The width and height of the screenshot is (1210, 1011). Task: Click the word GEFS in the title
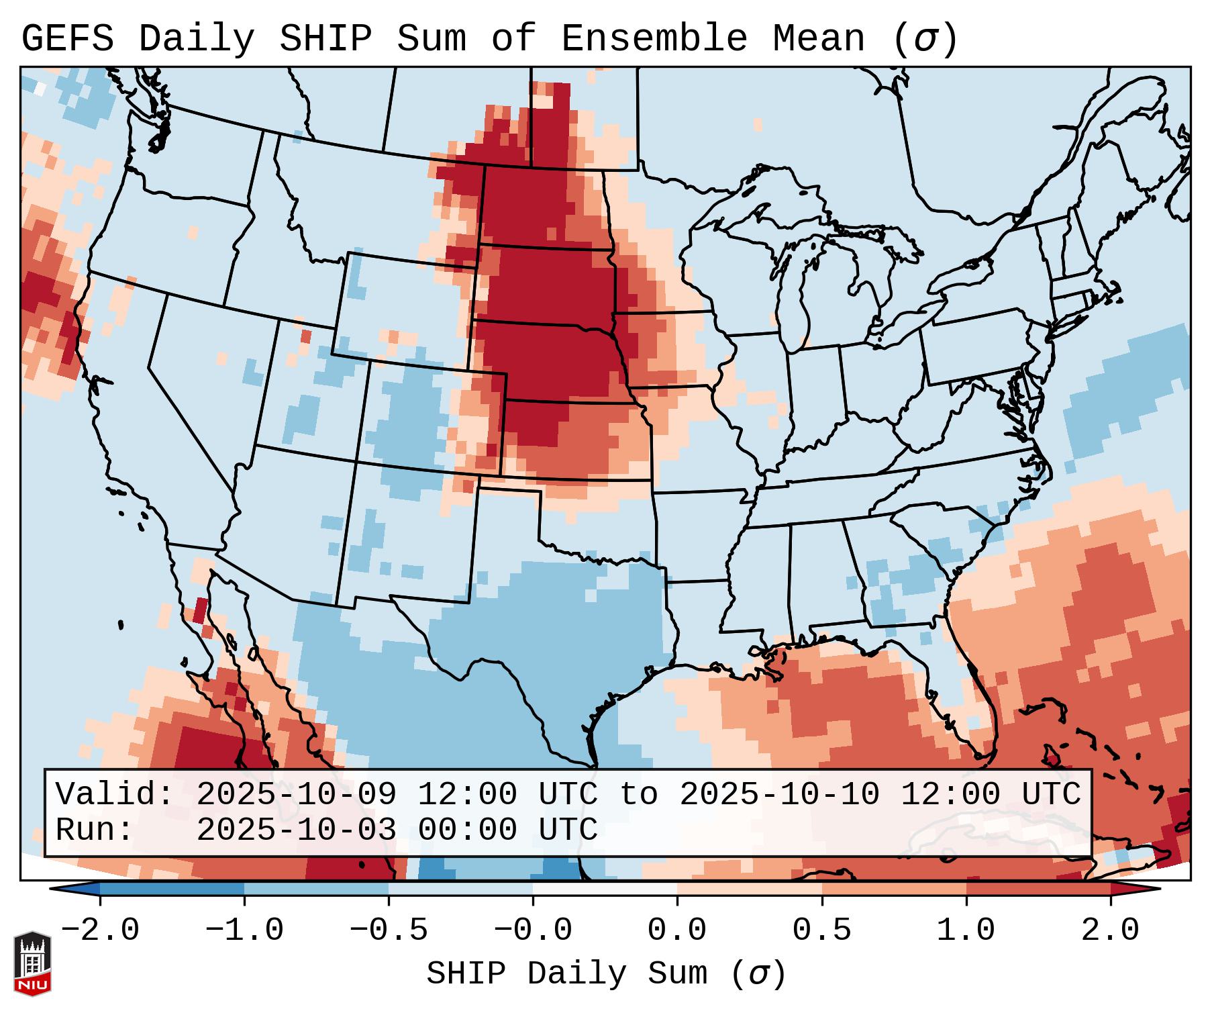pyautogui.click(x=68, y=38)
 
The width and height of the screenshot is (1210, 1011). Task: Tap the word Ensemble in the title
pyautogui.click(x=654, y=38)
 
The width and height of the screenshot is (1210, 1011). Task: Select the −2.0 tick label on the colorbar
pyautogui.click(x=100, y=930)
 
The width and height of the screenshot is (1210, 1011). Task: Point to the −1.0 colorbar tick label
pyautogui.click(x=244, y=930)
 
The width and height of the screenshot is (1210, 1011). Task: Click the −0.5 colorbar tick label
pyautogui.click(x=389, y=930)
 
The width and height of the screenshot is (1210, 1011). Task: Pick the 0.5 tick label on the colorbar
pyautogui.click(x=822, y=930)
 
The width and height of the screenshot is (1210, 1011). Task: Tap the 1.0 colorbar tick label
pyautogui.click(x=966, y=930)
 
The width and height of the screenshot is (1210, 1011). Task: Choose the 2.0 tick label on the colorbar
pyautogui.click(x=1111, y=930)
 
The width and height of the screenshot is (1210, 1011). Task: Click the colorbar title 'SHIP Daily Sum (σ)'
pyautogui.click(x=606, y=973)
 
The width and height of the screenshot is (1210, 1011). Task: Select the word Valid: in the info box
pyautogui.click(x=115, y=795)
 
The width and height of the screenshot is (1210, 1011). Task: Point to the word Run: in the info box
pyautogui.click(x=95, y=830)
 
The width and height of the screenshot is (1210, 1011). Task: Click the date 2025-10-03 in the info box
pyautogui.click(x=297, y=830)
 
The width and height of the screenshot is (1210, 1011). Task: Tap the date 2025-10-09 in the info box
pyautogui.click(x=297, y=795)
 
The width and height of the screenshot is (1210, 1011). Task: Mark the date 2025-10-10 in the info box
pyautogui.click(x=780, y=795)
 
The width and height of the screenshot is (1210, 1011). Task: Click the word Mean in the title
pyautogui.click(x=819, y=38)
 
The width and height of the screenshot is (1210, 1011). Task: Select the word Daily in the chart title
pyautogui.click(x=197, y=38)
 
